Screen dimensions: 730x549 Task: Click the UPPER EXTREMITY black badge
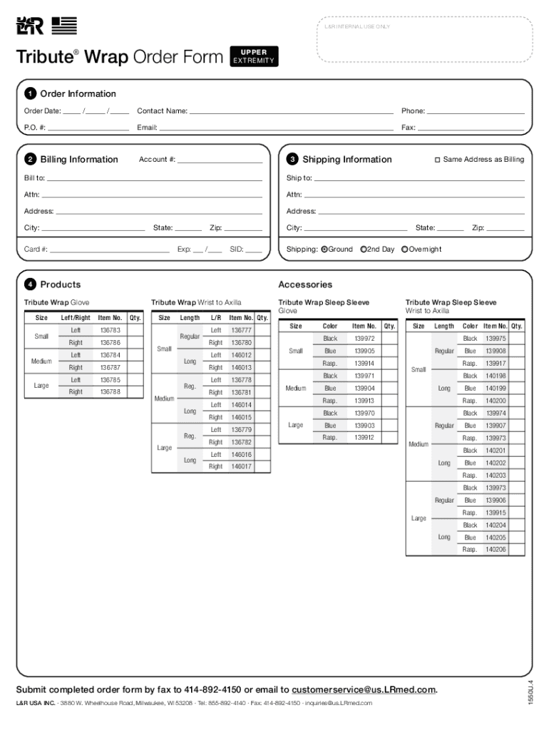click(254, 56)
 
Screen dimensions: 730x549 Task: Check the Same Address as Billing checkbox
click(438, 160)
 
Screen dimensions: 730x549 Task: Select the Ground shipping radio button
click(324, 250)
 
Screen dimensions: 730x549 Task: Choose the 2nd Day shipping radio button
click(364, 250)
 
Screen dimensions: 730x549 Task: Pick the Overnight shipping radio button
click(405, 250)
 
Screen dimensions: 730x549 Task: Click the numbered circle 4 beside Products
click(31, 284)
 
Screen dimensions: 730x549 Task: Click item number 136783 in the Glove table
click(110, 331)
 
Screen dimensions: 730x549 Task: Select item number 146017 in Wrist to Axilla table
click(241, 467)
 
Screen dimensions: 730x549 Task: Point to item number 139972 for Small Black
click(364, 339)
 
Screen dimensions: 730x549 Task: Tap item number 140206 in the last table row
click(496, 550)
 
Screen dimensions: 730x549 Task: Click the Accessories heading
click(305, 284)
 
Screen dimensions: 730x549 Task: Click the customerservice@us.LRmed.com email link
click(364, 689)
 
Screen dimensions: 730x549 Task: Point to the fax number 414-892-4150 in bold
click(212, 689)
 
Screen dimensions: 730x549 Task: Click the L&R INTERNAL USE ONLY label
click(357, 27)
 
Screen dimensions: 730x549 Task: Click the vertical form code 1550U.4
click(530, 694)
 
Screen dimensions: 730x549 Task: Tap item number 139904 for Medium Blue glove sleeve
click(364, 389)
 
